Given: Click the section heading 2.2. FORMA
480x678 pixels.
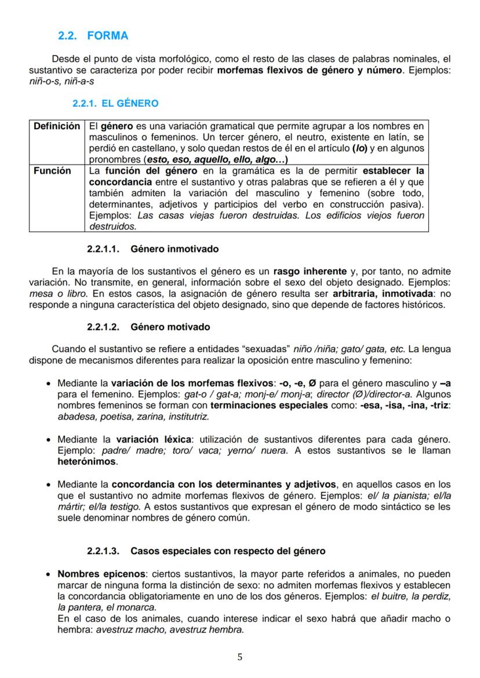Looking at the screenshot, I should coord(93,36).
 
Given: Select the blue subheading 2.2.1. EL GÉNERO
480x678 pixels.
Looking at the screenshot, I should coord(115,104).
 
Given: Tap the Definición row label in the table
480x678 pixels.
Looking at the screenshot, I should coord(57,126).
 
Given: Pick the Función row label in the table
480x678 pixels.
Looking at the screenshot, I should coord(52,171).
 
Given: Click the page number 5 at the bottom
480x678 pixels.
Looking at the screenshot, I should coord(240,657).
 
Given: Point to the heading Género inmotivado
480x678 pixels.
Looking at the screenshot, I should coord(174,250).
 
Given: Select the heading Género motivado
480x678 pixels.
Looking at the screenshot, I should coord(170,327).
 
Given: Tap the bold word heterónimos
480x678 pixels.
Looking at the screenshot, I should coord(87,462).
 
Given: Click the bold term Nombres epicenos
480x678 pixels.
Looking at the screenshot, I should coord(101,574).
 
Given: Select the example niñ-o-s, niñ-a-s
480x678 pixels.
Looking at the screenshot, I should coord(61,82).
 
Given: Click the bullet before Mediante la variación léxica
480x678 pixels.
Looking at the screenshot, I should coord(48,441).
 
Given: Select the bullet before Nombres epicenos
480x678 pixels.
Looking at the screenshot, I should coord(48,575).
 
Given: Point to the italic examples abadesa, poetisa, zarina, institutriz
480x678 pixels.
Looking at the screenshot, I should coord(125,416).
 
